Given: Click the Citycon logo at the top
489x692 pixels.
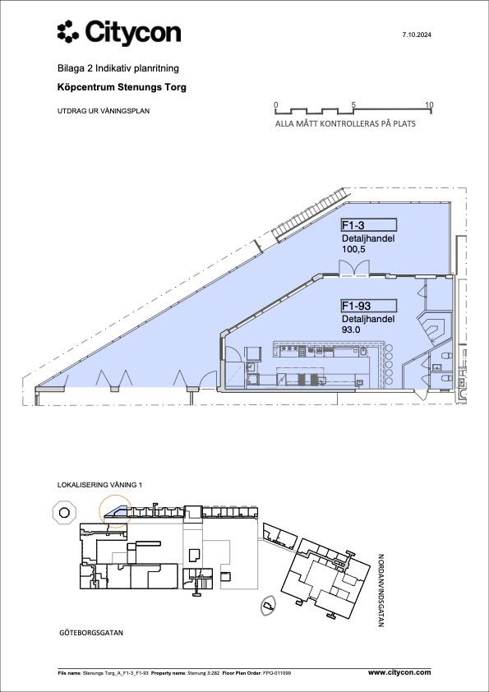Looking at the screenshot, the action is tap(119, 33).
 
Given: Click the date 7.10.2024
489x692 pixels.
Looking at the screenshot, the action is tap(416, 35).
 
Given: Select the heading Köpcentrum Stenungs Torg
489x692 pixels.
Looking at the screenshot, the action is tap(122, 87).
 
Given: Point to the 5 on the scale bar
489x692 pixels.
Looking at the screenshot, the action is tap(353, 105).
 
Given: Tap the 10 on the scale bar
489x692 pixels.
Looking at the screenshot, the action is tap(430, 105).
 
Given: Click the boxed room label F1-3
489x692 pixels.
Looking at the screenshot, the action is tap(368, 225).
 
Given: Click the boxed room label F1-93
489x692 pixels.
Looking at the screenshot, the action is tap(368, 306).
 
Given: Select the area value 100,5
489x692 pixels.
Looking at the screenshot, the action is tap(354, 249).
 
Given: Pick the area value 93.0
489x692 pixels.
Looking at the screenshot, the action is tap(352, 330).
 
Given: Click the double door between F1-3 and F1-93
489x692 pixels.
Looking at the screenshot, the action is tap(353, 268).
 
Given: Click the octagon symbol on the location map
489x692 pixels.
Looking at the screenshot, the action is tap(64, 513).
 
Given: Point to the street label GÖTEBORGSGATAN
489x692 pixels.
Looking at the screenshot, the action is tap(91, 633).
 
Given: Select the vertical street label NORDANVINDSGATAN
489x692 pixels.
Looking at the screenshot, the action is tap(381, 590).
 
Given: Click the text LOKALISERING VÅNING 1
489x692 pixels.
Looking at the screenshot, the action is tap(99, 485).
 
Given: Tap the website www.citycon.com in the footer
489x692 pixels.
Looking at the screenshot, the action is tap(399, 672).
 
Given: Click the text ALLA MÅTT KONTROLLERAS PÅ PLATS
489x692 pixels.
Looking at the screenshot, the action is tap(345, 124).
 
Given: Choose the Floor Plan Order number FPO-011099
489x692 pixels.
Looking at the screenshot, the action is tap(278, 673).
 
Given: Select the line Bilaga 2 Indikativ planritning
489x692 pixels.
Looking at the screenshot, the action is tap(118, 68).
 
